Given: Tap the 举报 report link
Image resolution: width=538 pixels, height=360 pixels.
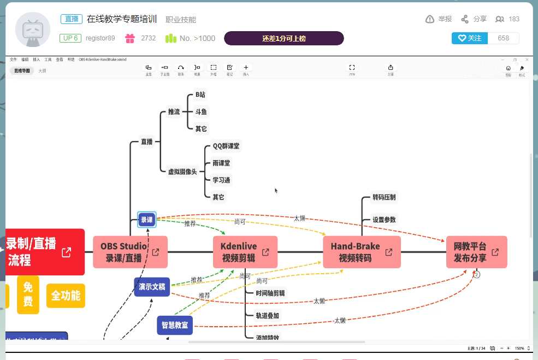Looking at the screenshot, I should tap(439, 19).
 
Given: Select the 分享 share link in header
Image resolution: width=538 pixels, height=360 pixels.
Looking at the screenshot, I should tap(474, 19).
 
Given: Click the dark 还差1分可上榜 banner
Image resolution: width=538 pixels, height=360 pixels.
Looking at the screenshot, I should tap(283, 38).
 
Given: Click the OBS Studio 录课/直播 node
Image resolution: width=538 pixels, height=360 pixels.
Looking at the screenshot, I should tap(130, 252).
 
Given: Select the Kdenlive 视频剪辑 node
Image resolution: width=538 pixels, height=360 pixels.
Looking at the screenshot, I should tap(245, 252).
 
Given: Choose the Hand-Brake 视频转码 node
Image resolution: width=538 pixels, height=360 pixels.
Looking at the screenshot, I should tap(362, 252).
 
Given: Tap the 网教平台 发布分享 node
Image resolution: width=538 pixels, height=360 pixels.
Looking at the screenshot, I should tap(476, 252).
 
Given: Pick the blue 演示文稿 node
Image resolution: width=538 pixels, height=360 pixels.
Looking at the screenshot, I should tap(152, 287).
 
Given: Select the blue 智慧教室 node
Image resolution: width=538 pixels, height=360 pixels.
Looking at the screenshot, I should tap(175, 325).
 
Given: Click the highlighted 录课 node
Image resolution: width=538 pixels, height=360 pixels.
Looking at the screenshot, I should tap(147, 220).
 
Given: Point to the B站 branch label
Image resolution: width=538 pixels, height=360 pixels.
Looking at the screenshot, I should tap(201, 95).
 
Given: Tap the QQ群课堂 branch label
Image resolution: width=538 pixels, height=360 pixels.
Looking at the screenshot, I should tap(226, 146).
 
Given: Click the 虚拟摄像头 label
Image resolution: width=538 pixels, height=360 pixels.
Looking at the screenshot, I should tap(182, 172).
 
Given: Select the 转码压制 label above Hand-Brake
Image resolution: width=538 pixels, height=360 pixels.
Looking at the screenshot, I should tap(384, 197).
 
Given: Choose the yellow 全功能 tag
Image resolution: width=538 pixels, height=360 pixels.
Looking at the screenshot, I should tap(66, 296).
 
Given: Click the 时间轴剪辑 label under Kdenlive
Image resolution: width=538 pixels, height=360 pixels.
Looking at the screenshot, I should tap(270, 293).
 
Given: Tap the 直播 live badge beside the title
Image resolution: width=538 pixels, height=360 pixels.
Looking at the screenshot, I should tap(72, 19).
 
